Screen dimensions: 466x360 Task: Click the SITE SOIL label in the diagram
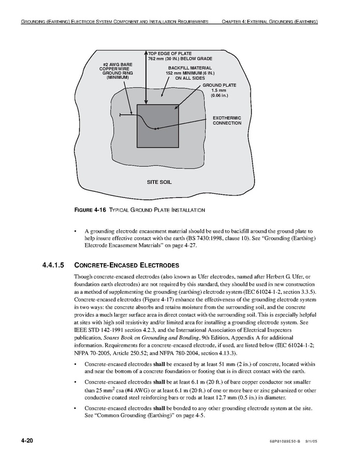[159, 182]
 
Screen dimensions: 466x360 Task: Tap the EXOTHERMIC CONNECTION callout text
[227, 121]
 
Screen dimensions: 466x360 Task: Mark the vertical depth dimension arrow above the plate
[146, 78]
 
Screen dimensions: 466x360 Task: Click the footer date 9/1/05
[310, 441]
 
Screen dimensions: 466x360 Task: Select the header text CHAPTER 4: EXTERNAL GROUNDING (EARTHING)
[269, 22]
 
